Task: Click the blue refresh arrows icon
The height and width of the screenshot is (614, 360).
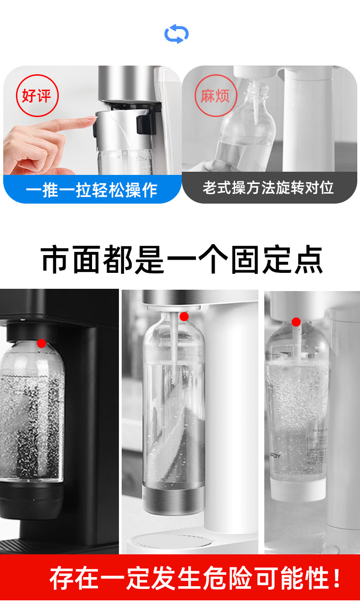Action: (176, 34)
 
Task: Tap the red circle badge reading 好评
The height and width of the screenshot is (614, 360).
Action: (37, 96)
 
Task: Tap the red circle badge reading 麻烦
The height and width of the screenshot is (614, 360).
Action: (216, 96)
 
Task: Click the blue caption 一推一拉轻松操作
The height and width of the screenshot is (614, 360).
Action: (92, 189)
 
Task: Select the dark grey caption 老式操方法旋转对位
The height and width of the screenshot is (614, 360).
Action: (268, 188)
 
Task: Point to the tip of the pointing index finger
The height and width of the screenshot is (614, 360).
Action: (96, 118)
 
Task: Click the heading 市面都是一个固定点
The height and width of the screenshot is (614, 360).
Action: (181, 260)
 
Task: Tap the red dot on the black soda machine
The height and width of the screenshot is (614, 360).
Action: (41, 343)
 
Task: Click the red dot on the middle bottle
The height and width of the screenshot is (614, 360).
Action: (184, 317)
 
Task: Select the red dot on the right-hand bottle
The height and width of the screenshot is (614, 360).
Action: (296, 322)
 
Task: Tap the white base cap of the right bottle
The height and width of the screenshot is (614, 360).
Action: (298, 489)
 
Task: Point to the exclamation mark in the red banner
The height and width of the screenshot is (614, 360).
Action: (337, 578)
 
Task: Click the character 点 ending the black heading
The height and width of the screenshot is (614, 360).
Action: (309, 260)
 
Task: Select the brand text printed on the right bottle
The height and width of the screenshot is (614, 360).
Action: (275, 456)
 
